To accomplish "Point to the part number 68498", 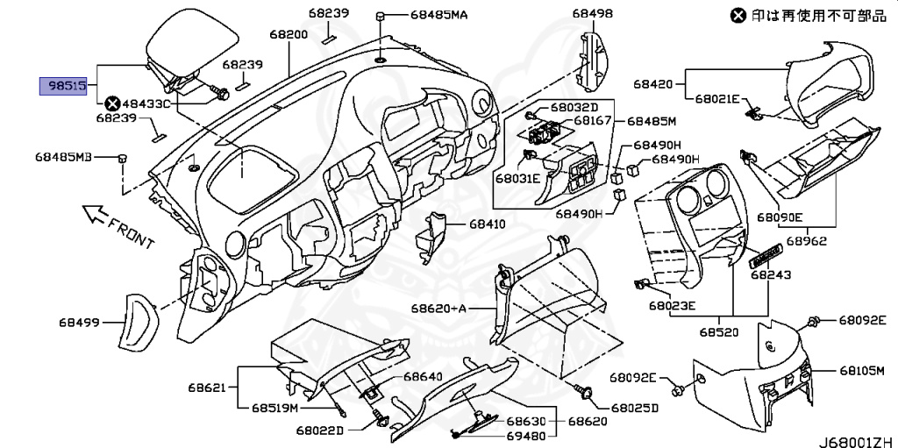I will point(593,14).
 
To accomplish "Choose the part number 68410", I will point(487,224).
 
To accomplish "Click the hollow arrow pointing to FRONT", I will point(91,212).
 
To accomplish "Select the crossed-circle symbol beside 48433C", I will point(112,103).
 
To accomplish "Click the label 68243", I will point(771,274).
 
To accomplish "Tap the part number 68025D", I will point(636,408).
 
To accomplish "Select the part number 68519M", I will point(276,408).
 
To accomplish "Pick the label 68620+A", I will point(439,309).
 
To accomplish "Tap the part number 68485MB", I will point(63,157).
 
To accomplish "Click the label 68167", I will point(593,121).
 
